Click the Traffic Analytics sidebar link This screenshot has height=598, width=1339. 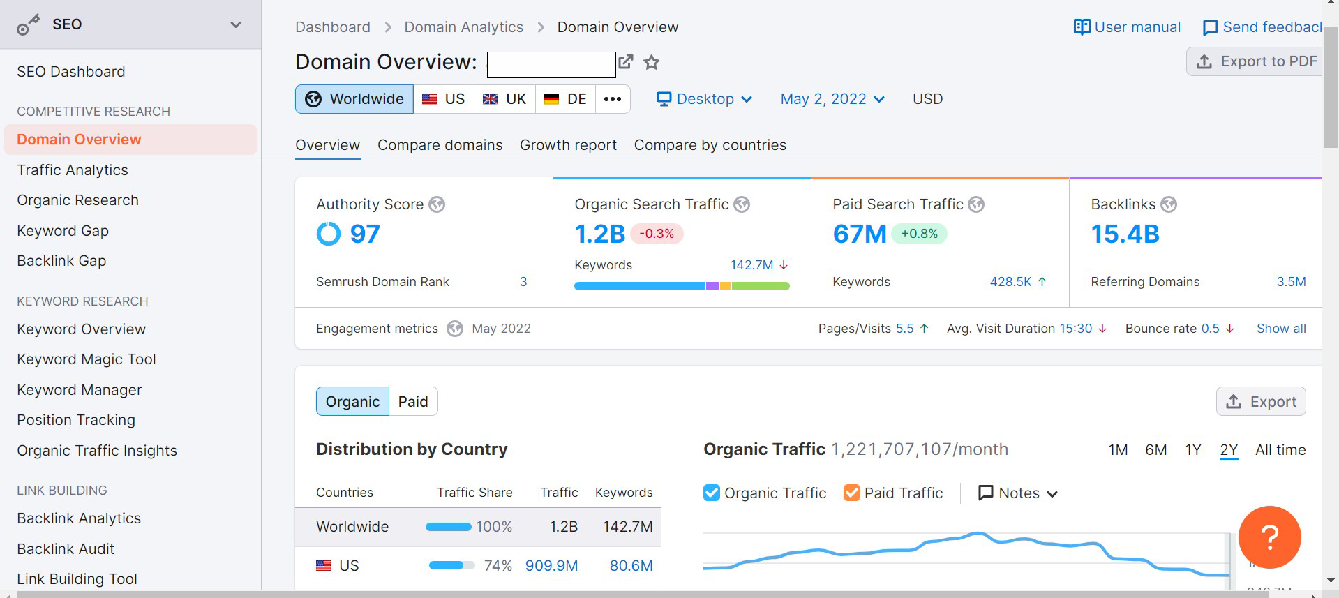(73, 170)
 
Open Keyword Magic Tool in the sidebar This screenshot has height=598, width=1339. (87, 359)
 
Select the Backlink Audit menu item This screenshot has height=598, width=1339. (66, 549)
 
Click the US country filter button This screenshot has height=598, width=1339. (444, 99)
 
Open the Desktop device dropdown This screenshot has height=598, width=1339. (704, 99)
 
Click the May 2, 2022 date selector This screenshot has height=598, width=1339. (832, 99)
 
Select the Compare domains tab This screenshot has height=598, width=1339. (440, 145)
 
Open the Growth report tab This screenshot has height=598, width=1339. (568, 145)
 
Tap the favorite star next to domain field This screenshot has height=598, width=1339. (651, 63)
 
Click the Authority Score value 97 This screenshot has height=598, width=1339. (365, 234)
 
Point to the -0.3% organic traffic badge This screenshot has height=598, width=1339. (657, 234)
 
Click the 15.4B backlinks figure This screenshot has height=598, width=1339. (1125, 234)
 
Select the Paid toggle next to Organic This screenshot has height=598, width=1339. (413, 402)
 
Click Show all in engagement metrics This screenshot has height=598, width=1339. (1280, 329)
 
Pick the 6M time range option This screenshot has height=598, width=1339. (1155, 450)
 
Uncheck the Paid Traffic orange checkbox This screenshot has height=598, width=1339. (851, 493)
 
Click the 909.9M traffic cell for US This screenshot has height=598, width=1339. (551, 566)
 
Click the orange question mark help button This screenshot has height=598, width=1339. (1269, 537)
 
